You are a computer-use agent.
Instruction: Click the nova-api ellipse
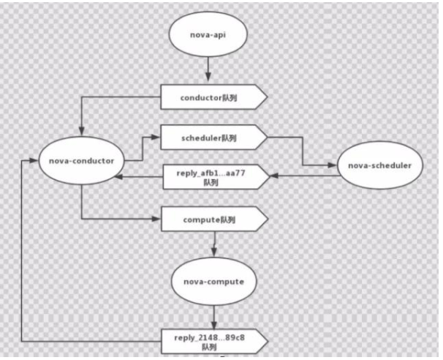209,34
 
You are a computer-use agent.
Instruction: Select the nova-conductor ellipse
80,160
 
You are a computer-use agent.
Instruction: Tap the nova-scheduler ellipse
374,166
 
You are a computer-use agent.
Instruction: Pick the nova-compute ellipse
213,280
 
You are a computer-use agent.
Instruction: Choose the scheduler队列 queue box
213,137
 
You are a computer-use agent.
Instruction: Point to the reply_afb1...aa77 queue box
213,177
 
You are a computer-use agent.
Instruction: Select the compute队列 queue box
213,219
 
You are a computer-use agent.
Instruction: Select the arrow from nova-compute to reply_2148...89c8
213,316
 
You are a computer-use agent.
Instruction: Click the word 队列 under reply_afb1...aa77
213,183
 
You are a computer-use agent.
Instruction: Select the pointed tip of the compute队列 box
266,219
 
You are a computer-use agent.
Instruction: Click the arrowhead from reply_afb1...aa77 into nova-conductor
126,176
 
